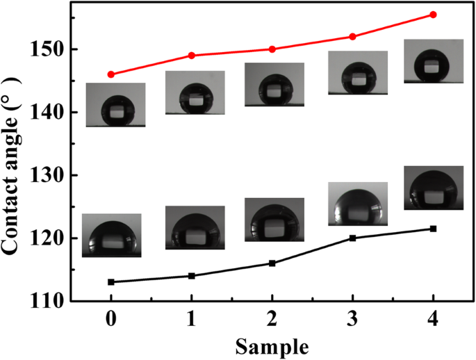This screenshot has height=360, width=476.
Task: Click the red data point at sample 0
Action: (x=111, y=74)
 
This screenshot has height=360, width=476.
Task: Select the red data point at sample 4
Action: (x=433, y=15)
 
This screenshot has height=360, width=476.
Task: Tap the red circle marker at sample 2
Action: (x=272, y=49)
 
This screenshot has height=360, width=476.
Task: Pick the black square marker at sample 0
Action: (x=111, y=282)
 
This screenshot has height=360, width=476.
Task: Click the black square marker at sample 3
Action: (x=352, y=238)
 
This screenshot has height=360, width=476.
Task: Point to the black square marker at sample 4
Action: (x=433, y=229)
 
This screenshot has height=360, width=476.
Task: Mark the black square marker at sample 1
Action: (x=192, y=276)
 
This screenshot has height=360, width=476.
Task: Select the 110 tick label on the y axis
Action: (x=54, y=302)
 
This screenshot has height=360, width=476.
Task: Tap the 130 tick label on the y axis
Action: (x=54, y=176)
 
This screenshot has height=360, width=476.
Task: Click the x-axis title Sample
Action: (x=272, y=345)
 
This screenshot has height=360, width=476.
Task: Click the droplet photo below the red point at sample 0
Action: (x=115, y=105)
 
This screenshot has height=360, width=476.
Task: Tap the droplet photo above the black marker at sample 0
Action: (x=111, y=236)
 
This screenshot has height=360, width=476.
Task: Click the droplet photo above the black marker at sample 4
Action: (x=434, y=188)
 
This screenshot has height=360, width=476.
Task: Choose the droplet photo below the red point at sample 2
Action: (x=274, y=84)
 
